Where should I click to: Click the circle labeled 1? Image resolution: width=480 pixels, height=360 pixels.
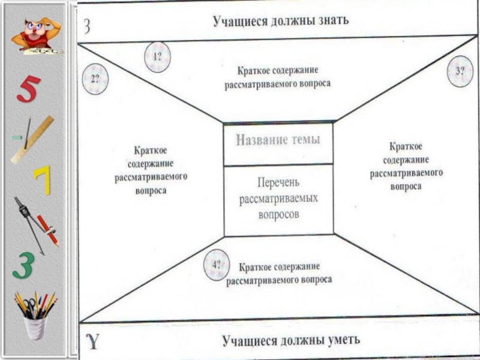158,58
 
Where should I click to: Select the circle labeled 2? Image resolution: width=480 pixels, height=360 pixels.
95,79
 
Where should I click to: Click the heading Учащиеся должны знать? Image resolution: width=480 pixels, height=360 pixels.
281,21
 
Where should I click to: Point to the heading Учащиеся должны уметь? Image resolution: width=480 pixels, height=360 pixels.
291,341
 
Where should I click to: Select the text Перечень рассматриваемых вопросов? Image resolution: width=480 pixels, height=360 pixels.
278,197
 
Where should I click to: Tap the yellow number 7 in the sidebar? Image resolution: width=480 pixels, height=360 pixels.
43,179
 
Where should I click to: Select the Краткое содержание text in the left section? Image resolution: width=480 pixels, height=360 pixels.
151,169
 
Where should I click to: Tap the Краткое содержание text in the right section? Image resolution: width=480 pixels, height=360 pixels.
406,166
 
